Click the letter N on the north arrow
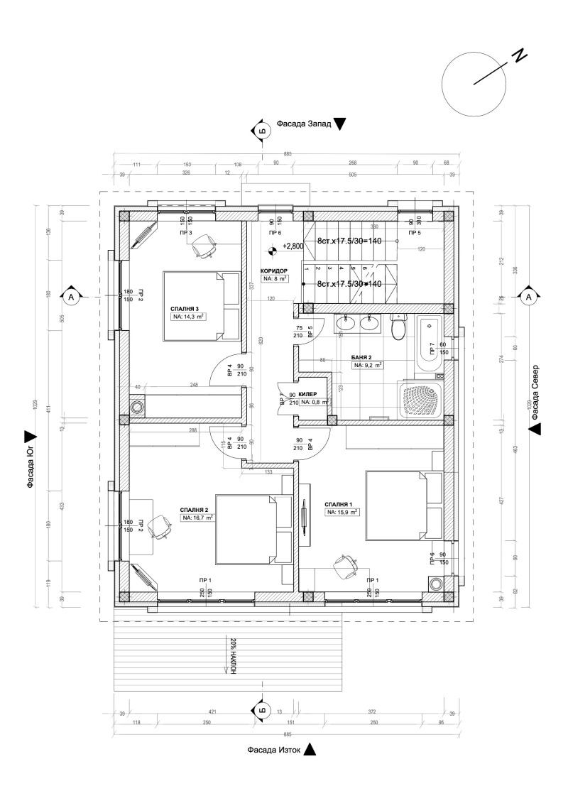(x=520, y=57)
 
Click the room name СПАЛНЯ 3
(x=185, y=309)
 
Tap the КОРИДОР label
(x=273, y=271)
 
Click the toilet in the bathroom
(x=398, y=328)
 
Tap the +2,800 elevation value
(x=293, y=246)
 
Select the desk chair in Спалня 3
(x=203, y=246)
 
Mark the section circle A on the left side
(x=71, y=295)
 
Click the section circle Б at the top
(x=261, y=131)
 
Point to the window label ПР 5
(x=414, y=232)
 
